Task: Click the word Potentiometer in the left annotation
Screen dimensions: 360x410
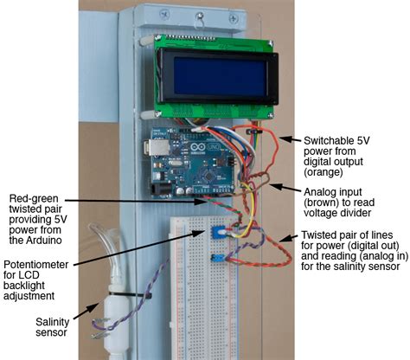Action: pos(39,263)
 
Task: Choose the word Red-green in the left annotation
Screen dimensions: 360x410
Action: pos(33,198)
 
